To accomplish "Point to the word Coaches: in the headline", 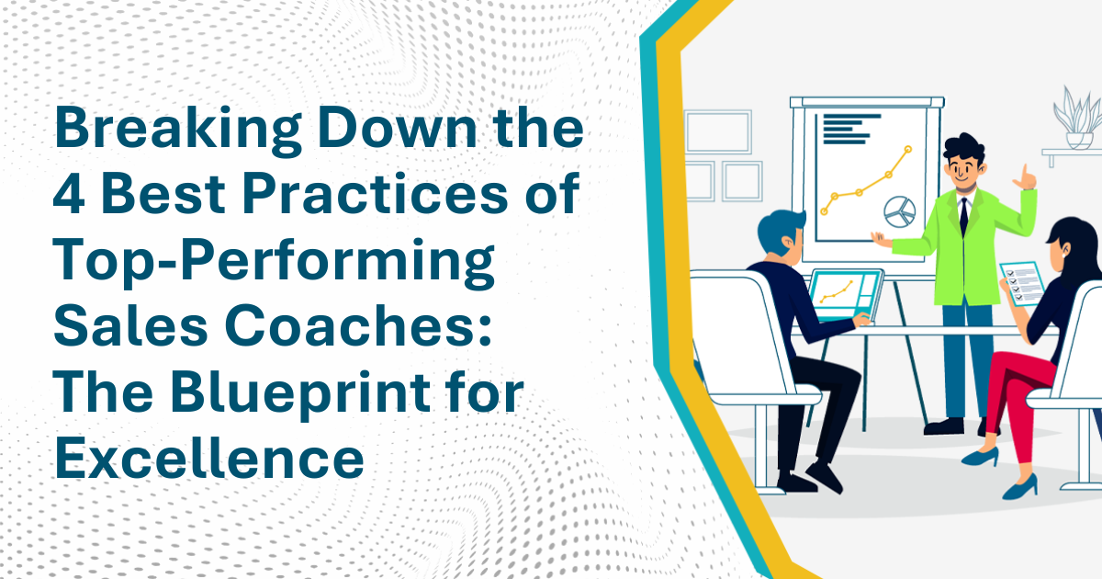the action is pos(358,326).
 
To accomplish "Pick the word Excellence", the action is pos(209,458).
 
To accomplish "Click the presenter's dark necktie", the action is pos(963,216).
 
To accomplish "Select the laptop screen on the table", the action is pos(845,294).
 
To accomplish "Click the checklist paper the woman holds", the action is pos(1023,284).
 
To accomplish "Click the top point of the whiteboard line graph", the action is pos(908,149).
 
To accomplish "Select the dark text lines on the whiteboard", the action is pos(850,130).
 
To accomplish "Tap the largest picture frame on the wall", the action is pos(719,132).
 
